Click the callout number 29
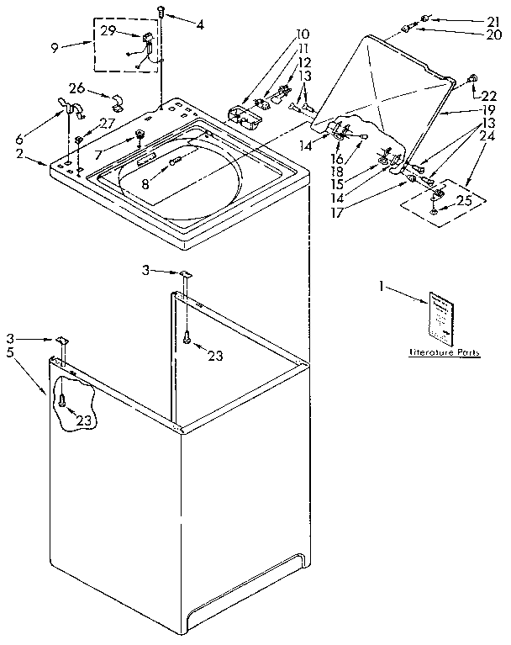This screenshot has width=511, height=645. pos(108,30)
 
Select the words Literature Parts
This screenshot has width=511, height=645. pos(444,353)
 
